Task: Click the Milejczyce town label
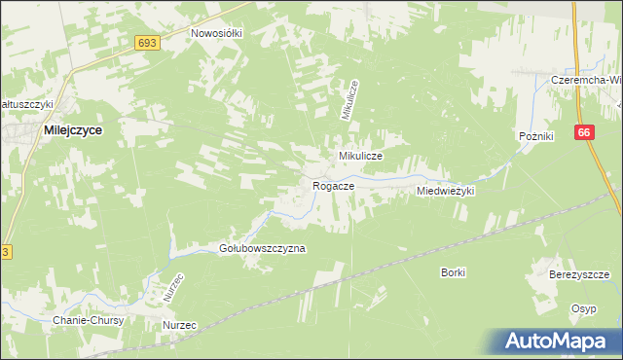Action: (x=73, y=127)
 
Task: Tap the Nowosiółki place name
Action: (x=216, y=32)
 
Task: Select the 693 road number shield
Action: (x=147, y=43)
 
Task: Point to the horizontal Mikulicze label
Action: (x=360, y=156)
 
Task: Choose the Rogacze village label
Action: (x=332, y=185)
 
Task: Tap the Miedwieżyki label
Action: (x=445, y=192)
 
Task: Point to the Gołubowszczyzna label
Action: (x=262, y=248)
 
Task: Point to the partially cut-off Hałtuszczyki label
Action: (x=26, y=104)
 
